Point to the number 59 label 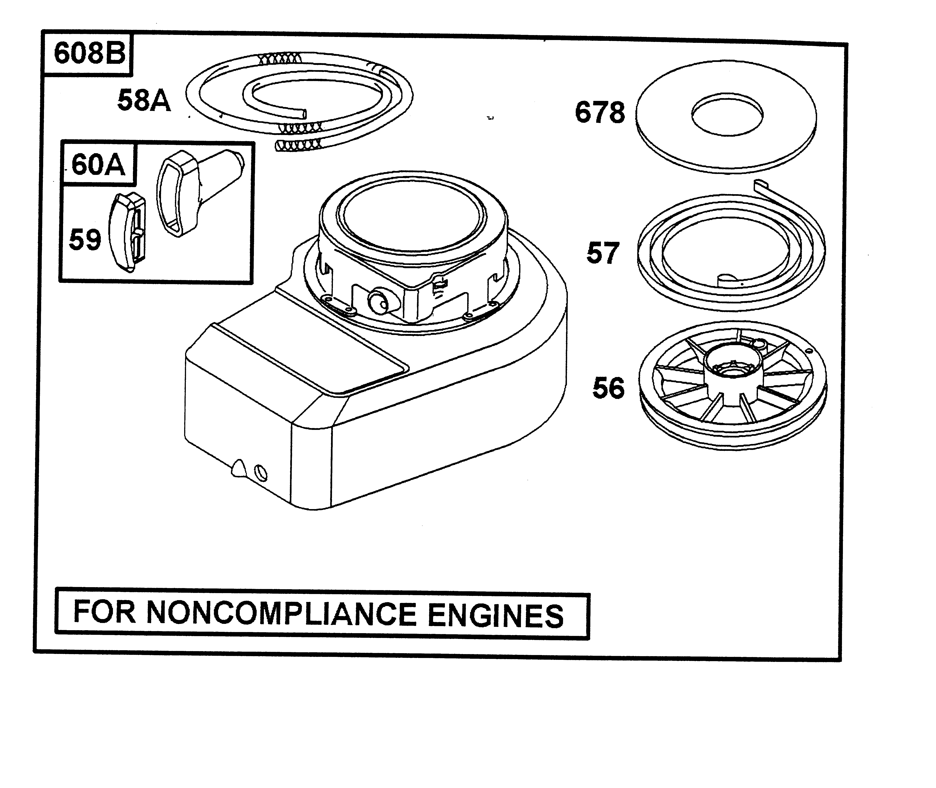point(85,240)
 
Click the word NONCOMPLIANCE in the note point(282,613)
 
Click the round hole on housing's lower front point(260,472)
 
